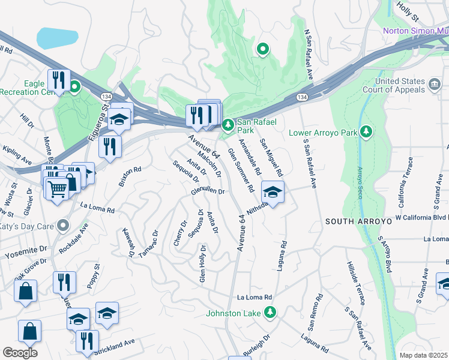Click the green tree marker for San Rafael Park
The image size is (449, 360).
coord(228,125)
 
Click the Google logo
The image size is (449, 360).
coord(20,353)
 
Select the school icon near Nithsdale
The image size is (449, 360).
coord(273,192)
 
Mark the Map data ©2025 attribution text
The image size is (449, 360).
coord(424,355)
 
